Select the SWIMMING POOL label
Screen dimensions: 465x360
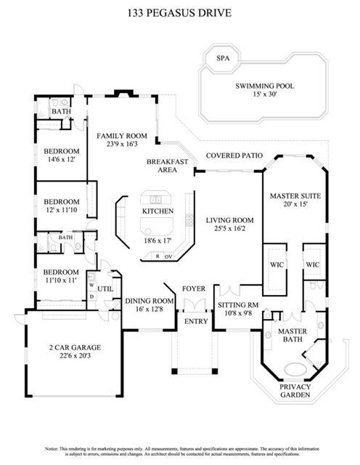(264, 86)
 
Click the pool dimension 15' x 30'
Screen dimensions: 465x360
(264, 95)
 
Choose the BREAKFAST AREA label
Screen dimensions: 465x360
(168, 166)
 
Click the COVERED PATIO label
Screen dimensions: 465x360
(234, 155)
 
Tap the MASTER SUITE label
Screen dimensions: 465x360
(295, 196)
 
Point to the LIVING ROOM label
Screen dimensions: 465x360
(229, 220)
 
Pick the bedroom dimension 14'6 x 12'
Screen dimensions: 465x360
(61, 158)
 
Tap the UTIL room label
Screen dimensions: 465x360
(106, 288)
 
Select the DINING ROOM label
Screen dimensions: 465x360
(149, 300)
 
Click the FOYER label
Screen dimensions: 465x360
(194, 288)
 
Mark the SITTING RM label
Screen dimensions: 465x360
(238, 306)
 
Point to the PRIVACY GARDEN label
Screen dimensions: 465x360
(295, 392)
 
